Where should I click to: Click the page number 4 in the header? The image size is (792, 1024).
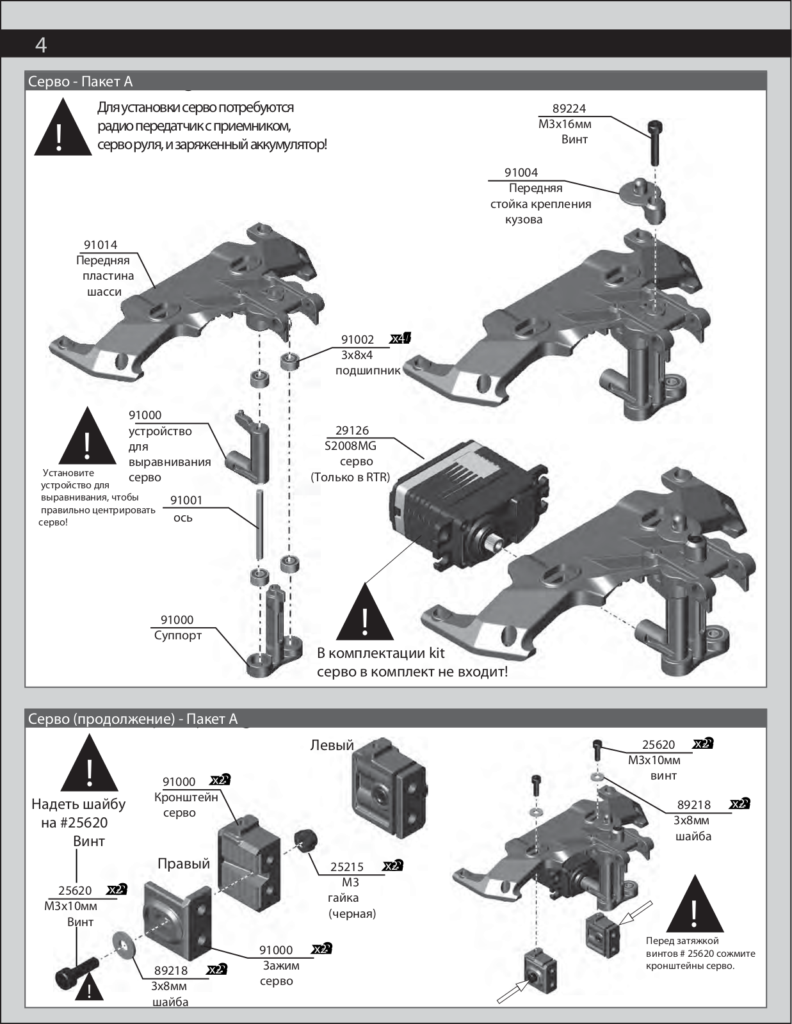pos(41,45)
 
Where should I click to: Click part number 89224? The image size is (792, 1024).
pos(569,109)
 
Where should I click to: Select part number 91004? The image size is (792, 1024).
pos(521,173)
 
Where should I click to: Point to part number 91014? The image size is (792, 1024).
pos(101,245)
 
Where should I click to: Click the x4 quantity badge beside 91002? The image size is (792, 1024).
pos(400,339)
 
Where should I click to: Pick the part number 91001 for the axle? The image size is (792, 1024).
pos(186,500)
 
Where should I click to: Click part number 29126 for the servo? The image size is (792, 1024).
pos(352,431)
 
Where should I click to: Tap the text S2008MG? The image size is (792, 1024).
pos(350,446)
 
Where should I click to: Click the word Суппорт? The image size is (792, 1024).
pos(177,636)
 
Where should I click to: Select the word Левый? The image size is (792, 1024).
pos(332,745)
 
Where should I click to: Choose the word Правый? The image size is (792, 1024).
pos(184,863)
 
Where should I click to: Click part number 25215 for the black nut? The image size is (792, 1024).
pos(346,867)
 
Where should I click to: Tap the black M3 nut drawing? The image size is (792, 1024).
pos(306,840)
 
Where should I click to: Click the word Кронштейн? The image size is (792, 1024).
pos(186,797)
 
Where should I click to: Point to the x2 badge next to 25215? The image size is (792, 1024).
pos(392,866)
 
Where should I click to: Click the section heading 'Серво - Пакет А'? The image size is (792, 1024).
pos(80,81)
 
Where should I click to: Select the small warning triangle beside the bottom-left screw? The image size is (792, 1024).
pos(90,988)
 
